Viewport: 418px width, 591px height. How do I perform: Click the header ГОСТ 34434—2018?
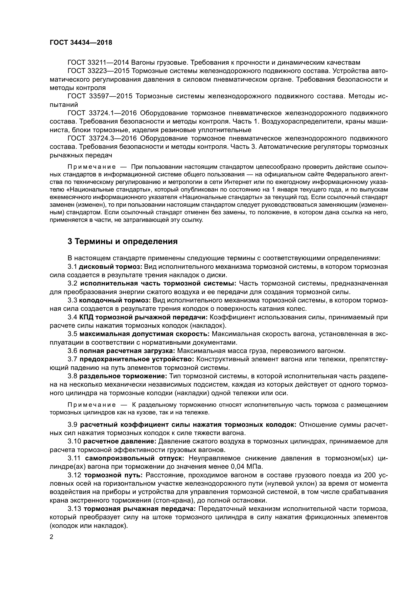click(x=81, y=42)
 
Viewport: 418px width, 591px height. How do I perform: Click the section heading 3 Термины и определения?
click(x=123, y=242)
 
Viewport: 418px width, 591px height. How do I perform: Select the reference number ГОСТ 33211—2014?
click(x=98, y=63)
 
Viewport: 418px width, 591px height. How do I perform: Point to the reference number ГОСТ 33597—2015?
click(x=100, y=96)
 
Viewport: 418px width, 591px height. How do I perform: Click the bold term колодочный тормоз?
click(x=115, y=300)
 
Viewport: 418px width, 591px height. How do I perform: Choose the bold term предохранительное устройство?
click(x=137, y=359)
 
